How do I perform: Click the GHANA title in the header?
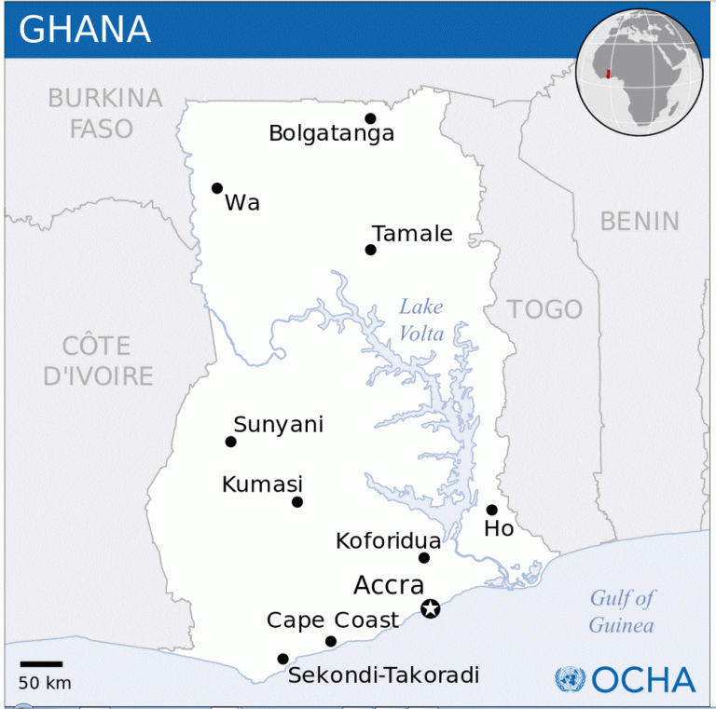85,30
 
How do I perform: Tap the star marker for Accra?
430,608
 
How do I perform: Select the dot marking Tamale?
371,250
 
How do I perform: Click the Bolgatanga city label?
331,133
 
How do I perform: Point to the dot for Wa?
217,188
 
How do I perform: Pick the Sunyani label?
278,425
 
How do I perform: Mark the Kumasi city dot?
297,502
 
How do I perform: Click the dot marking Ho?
491,510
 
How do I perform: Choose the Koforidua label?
388,540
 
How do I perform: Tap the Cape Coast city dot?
331,641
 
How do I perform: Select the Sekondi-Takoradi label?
383,675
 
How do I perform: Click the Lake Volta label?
421,320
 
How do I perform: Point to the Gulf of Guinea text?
622,611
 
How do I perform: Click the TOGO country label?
544,309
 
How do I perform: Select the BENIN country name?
640,221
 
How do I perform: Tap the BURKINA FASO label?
103,113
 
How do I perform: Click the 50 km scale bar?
41,664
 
